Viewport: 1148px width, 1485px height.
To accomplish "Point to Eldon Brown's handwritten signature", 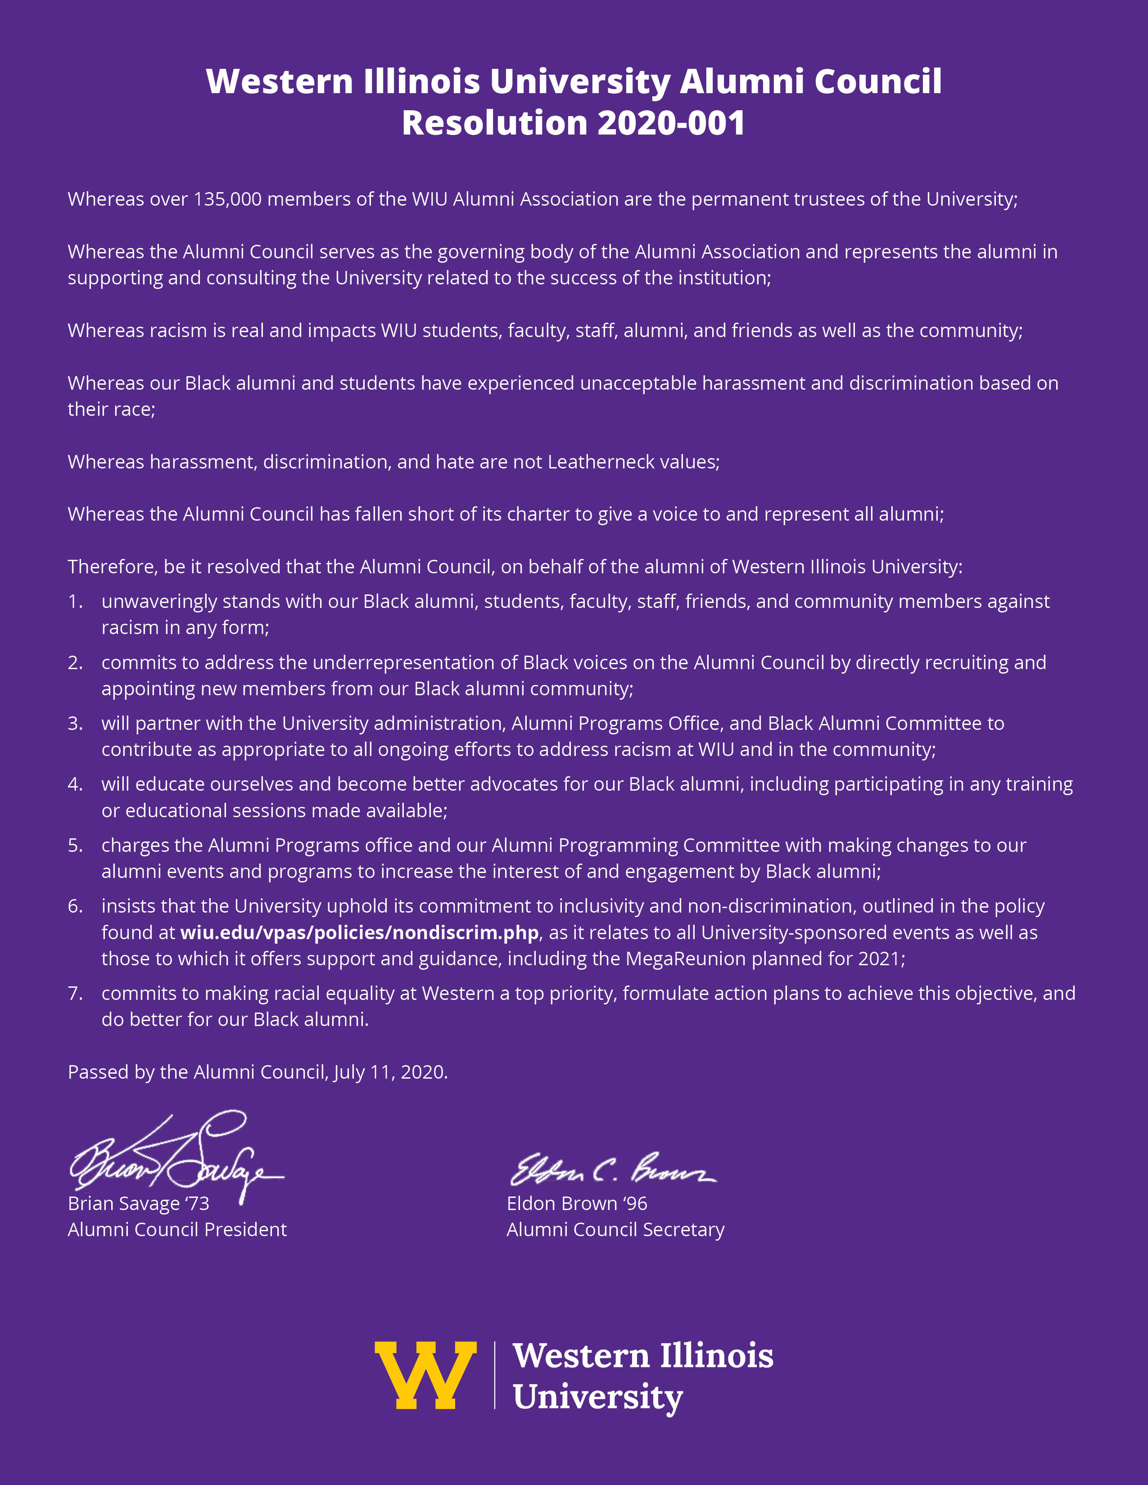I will pos(612,1169).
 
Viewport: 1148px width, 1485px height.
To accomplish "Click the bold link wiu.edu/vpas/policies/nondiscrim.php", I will pos(359,932).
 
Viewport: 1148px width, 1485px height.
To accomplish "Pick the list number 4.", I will pos(74,784).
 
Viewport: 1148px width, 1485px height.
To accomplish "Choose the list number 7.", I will pos(74,994).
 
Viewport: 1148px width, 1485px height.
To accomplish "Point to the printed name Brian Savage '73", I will pos(139,1203).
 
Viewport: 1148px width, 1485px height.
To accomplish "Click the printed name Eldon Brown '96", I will pos(577,1203).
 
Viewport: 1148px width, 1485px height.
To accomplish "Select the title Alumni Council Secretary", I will pos(615,1229).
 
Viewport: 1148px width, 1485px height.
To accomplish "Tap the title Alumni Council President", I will pos(177,1229).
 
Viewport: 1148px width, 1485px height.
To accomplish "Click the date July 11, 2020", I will pos(390,1072).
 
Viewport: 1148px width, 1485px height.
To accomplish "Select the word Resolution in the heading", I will pos(494,123).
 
